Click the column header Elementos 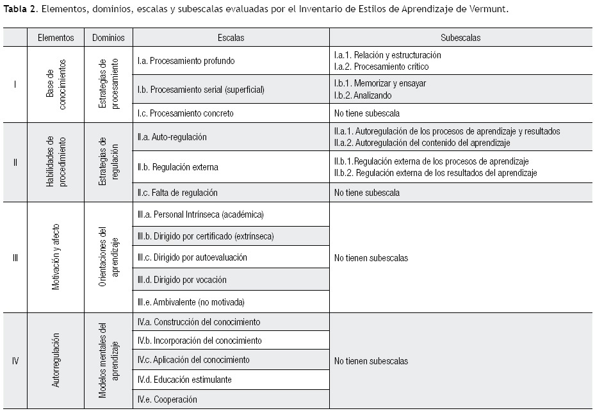(56, 38)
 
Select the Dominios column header (108, 38)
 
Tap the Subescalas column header (461, 38)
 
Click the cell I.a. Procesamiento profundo (186, 61)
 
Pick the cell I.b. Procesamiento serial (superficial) (200, 90)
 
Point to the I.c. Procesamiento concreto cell (185, 113)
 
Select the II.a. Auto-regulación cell (172, 137)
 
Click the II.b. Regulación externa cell (177, 168)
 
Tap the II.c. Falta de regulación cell (177, 193)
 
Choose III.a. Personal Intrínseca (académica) (200, 214)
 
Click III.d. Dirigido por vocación (182, 280)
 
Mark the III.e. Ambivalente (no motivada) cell (191, 302)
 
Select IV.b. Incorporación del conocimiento (200, 341)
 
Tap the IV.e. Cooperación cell (167, 399)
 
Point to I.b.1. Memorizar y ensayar (380, 83)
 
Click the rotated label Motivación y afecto (56, 257)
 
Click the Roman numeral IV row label (15, 360)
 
